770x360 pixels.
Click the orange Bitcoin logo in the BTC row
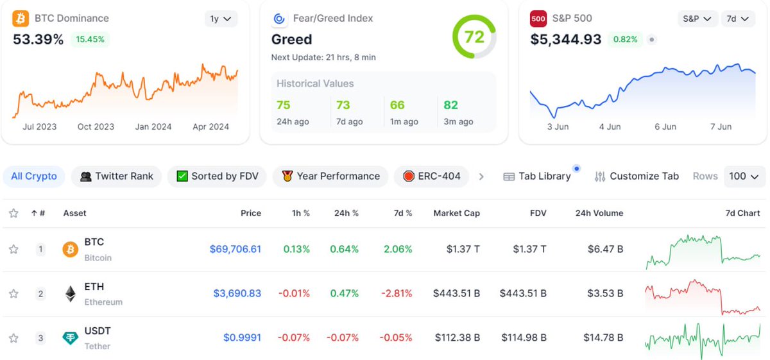point(70,250)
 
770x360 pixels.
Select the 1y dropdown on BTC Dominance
point(221,19)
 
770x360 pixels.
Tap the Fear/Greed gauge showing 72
point(474,37)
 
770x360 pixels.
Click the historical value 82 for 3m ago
point(450,105)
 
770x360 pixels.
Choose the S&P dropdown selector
point(697,19)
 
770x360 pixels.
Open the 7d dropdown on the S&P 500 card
point(737,19)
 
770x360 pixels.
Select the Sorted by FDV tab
point(217,176)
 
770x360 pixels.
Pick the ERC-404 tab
point(432,176)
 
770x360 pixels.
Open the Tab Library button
point(537,176)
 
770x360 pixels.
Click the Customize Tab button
point(637,176)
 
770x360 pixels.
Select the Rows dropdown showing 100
point(744,176)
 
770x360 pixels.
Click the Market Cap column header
point(456,213)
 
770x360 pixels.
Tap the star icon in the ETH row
point(13,294)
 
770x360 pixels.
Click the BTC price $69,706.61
point(235,249)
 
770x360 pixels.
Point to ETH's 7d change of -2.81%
point(396,293)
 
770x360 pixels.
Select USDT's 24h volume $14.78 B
point(603,338)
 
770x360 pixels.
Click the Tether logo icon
point(70,338)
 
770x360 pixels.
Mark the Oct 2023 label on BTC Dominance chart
point(96,126)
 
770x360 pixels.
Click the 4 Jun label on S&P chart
point(610,126)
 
